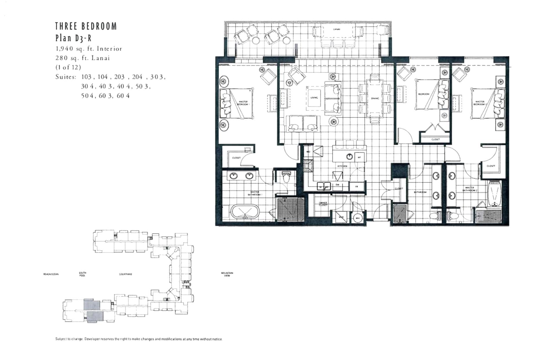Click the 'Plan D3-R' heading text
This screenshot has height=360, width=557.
click(73, 38)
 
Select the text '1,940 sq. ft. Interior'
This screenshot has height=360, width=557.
click(89, 49)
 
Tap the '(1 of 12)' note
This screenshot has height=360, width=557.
click(68, 67)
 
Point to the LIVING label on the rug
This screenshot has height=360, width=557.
click(314, 98)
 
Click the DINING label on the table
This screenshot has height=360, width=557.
click(375, 98)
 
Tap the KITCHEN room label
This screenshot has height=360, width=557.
click(342, 166)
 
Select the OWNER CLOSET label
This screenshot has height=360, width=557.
click(323, 204)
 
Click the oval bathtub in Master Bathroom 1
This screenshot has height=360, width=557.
click(246, 212)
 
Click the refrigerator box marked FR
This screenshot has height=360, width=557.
click(357, 187)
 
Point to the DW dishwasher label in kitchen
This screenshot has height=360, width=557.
click(337, 185)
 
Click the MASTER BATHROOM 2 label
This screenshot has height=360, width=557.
click(470, 189)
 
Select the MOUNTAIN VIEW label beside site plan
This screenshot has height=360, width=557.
click(227, 274)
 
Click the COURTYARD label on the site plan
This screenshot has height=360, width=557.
click(125, 274)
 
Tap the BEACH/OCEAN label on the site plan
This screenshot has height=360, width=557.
click(51, 274)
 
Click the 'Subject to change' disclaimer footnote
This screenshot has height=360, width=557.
click(139, 339)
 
